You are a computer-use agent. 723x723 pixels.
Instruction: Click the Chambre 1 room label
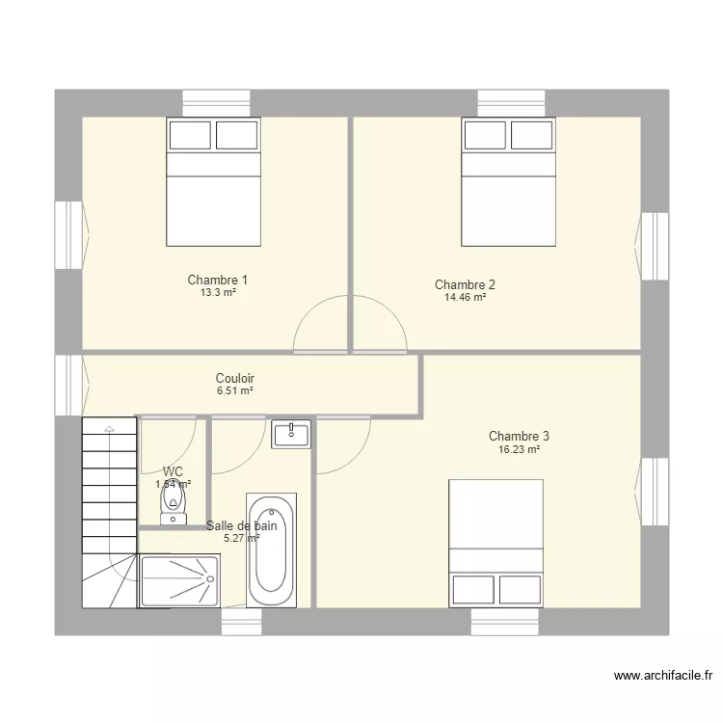tap(211, 280)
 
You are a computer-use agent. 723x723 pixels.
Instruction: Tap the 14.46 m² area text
tap(465, 299)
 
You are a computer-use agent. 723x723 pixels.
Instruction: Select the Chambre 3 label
tap(519, 436)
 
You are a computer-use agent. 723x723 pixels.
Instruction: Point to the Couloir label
tap(234, 379)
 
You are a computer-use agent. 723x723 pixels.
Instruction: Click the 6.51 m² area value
tap(234, 392)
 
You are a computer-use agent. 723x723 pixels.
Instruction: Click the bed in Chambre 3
tap(496, 544)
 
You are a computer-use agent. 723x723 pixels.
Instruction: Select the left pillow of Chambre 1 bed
tap(190, 135)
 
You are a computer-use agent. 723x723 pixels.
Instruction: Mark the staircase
tap(109, 511)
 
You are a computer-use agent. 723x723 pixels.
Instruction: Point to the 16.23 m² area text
tap(519, 449)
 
